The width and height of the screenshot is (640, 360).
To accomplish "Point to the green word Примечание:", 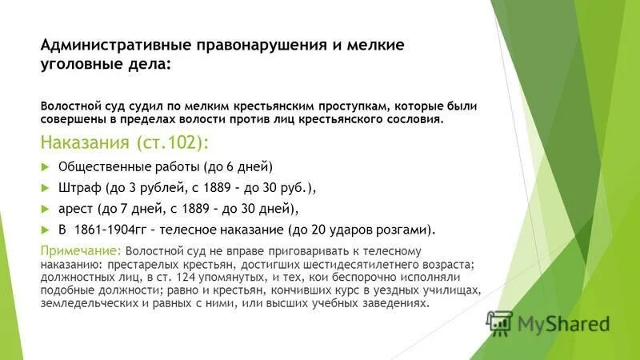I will tap(81, 250).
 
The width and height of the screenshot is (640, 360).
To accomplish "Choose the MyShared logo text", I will tap(562, 324).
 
